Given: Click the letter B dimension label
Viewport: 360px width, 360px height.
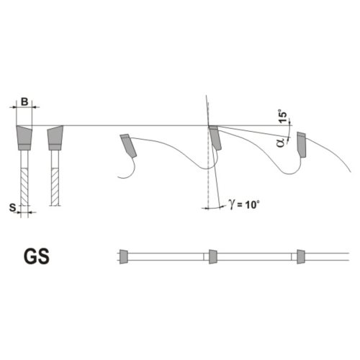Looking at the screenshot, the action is [x=24, y=102].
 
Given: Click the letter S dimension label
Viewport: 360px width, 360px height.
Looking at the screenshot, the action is [x=13, y=207].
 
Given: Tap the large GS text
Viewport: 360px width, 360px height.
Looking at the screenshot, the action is [x=37, y=256].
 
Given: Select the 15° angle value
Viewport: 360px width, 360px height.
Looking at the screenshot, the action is [x=284, y=117].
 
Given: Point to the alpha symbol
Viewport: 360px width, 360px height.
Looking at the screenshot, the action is [x=281, y=142].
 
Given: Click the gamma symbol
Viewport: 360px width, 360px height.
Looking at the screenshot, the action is [x=232, y=204].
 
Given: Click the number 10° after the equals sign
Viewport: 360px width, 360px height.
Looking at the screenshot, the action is [x=252, y=204].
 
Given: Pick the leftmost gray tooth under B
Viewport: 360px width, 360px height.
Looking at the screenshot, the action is [x=24, y=138].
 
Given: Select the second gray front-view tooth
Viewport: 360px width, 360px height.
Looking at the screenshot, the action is [x=55, y=138].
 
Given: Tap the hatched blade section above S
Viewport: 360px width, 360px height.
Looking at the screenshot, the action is [x=24, y=186].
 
